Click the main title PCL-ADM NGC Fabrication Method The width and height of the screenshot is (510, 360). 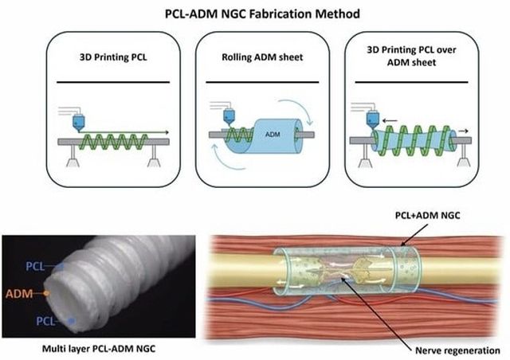pyautogui.click(x=255, y=13)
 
